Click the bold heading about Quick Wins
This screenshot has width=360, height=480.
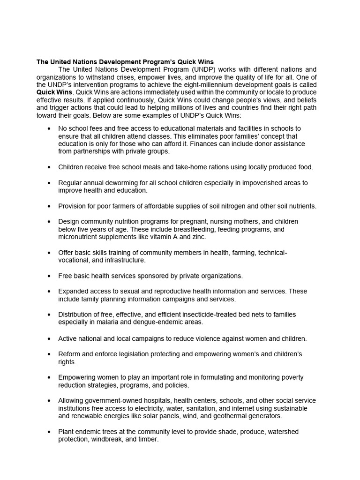pyautogui.click(x=125, y=62)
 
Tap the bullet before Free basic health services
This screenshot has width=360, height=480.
pyautogui.click(x=49, y=276)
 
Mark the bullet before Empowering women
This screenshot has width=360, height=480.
pyautogui.click(x=49, y=377)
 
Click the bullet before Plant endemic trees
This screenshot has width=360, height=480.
pyautogui.click(x=49, y=432)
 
